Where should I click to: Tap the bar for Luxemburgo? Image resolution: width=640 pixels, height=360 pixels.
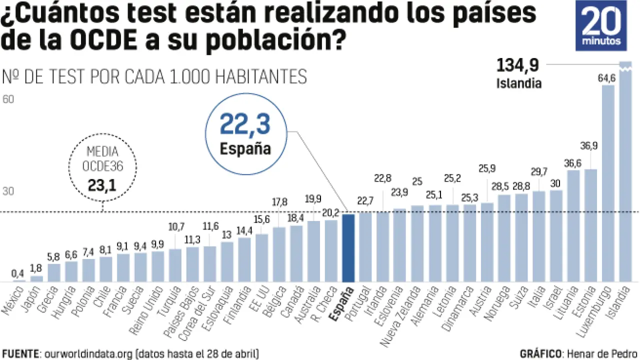(608, 182)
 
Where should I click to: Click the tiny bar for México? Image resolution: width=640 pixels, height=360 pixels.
(19, 281)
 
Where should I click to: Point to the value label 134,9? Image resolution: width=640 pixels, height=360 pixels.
(517, 65)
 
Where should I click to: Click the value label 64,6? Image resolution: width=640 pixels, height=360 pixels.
(607, 78)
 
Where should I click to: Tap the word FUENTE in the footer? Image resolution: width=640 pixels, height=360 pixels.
(20, 353)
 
